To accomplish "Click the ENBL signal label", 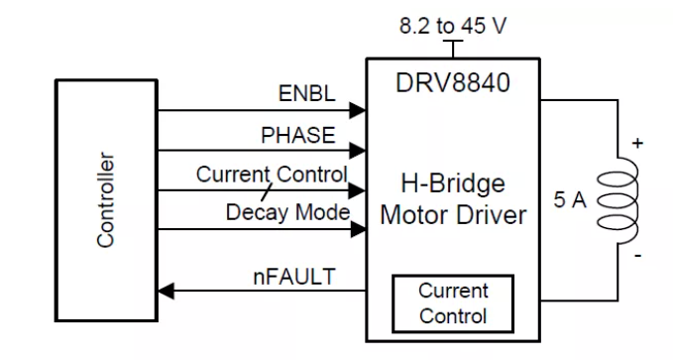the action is pos(307,93).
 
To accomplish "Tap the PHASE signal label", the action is pos(298,135).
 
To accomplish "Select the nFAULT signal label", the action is pos(294,276).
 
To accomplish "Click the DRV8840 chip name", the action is pos(453,82).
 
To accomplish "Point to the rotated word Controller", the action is pos(105,200).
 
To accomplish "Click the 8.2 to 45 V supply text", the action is pos(453,26).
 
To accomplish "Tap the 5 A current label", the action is pos(570,199).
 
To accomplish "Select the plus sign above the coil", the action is pos(638,143).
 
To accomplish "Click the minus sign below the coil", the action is pos(638,256).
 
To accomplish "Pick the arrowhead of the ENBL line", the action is pos(358,110).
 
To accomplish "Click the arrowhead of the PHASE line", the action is pos(358,151).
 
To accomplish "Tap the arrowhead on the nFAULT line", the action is pos(166,291).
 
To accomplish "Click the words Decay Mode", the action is pos(287,212).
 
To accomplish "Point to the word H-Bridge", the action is pos(453,183).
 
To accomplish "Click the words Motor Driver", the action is pos(453,214).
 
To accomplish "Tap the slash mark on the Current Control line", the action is pos(267,192).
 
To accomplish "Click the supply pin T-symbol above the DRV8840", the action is pos(453,49).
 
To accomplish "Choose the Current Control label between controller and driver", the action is pos(272,175).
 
